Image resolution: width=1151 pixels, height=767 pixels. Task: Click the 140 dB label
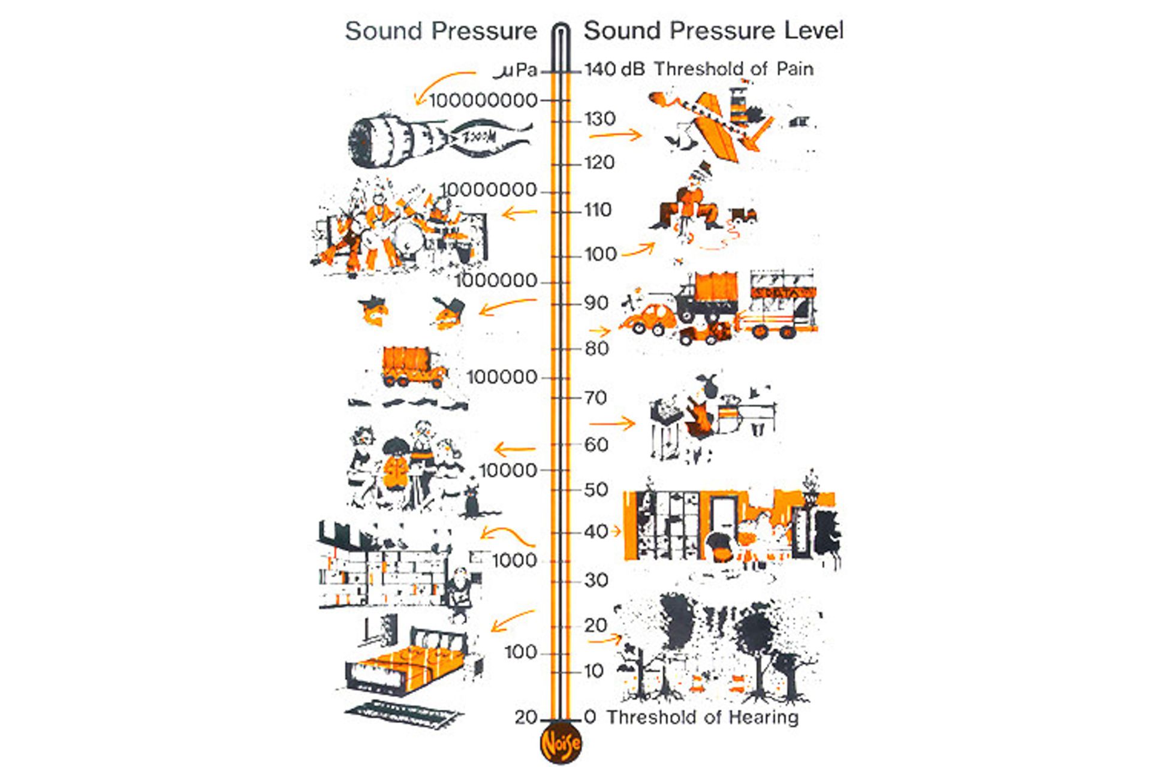point(614,69)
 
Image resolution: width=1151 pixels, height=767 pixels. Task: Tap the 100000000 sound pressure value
point(483,100)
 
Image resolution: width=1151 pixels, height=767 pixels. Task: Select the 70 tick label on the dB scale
point(595,397)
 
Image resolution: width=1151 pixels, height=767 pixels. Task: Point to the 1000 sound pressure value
point(514,561)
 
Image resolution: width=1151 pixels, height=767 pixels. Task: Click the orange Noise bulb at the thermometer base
point(561,743)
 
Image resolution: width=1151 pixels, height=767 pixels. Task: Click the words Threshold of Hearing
point(703,717)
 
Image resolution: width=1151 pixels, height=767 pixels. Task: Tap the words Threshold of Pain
point(734,69)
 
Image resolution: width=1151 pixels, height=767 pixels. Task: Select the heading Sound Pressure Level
point(714,31)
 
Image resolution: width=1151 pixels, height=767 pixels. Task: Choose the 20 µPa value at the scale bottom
point(526,717)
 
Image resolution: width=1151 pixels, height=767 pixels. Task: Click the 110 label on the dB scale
point(598,210)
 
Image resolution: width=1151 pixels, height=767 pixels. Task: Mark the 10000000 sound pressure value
point(489,190)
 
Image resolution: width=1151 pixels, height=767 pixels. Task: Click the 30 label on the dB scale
point(596,580)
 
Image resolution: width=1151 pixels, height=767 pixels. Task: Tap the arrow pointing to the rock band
point(519,213)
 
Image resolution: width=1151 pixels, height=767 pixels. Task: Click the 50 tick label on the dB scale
point(596,490)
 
